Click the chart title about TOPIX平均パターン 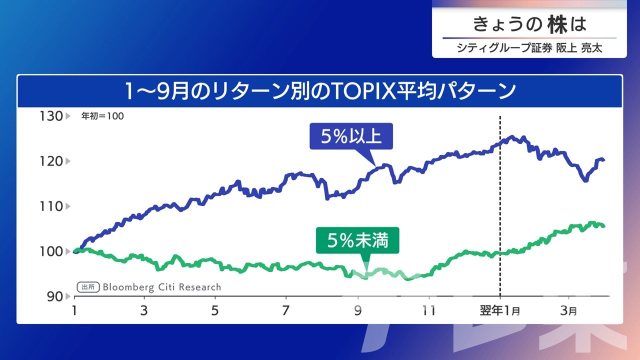[320, 91]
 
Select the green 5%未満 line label [358, 241]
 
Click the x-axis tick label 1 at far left [75, 310]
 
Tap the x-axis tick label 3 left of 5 [144, 310]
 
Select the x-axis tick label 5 [215, 310]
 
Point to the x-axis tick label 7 [285, 310]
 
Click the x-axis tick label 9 [357, 310]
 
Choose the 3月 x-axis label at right [568, 310]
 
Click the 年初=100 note [102, 116]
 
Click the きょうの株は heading [529, 24]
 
